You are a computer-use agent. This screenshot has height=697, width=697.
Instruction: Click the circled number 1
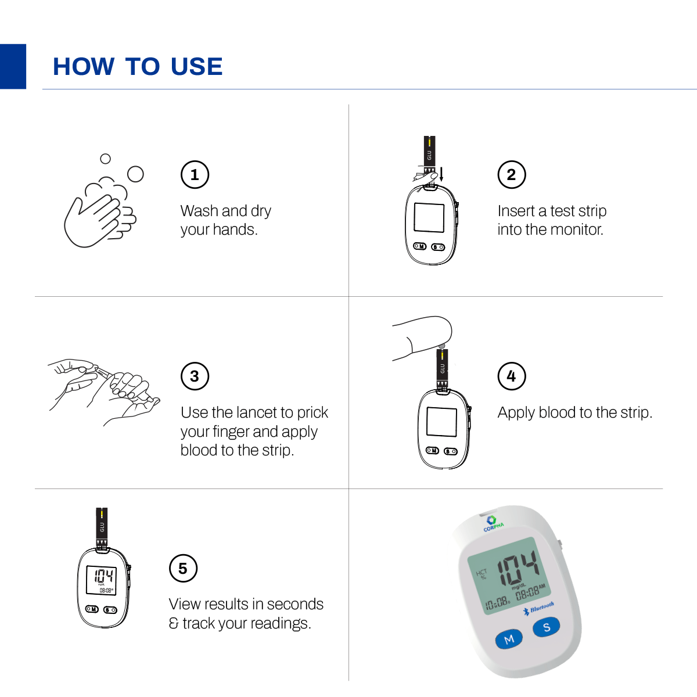click(x=195, y=175)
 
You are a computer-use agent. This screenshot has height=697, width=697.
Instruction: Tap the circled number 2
click(x=512, y=175)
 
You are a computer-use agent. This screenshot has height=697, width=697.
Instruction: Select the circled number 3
click(x=195, y=376)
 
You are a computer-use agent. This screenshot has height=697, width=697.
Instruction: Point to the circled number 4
click(x=512, y=376)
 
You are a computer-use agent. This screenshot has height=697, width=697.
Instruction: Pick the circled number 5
click(x=183, y=569)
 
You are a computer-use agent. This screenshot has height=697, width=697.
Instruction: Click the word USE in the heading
click(x=197, y=67)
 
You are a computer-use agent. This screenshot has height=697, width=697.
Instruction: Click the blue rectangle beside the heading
click(x=13, y=66)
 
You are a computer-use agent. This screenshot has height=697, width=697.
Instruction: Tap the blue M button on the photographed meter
click(x=509, y=639)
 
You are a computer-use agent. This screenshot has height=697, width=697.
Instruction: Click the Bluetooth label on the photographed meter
click(x=541, y=608)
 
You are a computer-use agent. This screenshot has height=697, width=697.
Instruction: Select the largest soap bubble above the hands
click(x=135, y=174)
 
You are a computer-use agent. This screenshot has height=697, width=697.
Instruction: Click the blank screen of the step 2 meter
click(x=429, y=218)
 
